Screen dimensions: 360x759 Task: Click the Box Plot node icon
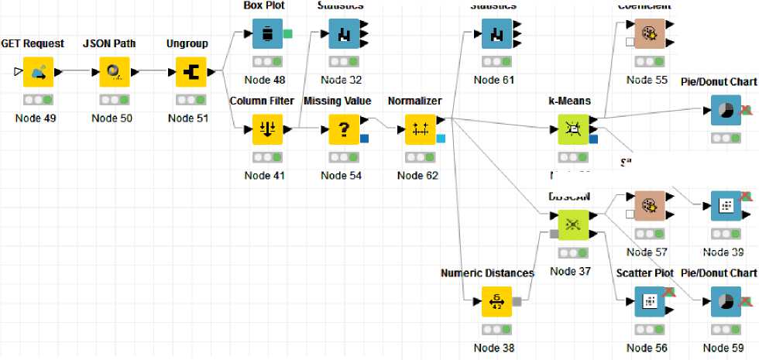pyautogui.click(x=267, y=33)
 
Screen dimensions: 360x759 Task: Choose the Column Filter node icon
pyautogui.click(x=267, y=129)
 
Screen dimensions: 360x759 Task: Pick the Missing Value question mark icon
pyautogui.click(x=344, y=129)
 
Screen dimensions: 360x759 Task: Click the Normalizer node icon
pyautogui.click(x=421, y=129)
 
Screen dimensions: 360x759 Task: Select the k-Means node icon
pyautogui.click(x=573, y=129)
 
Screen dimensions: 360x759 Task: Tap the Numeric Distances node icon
pyautogui.click(x=496, y=301)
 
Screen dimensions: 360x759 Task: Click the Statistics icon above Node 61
pyautogui.click(x=496, y=33)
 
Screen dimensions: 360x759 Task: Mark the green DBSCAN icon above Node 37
pyautogui.click(x=573, y=225)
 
